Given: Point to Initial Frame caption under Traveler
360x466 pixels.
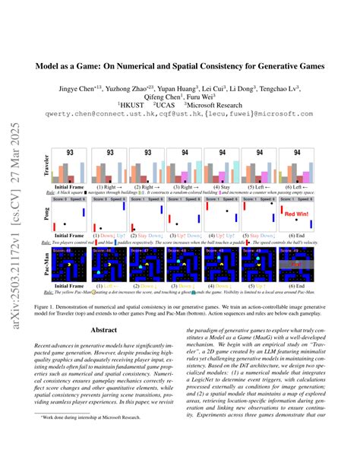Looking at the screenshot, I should (x=70, y=186).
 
